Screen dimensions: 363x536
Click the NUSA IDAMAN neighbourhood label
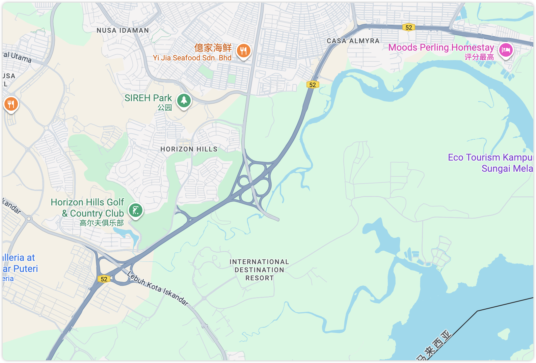123,30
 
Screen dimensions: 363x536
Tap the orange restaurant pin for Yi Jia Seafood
243,51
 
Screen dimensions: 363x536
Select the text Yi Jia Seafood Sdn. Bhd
192,58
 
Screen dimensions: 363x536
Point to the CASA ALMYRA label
353,41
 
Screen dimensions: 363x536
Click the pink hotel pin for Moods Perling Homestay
505,51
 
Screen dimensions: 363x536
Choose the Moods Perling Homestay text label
441,48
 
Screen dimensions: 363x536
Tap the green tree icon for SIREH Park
184,100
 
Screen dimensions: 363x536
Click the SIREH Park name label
148,98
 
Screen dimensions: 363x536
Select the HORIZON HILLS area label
189,149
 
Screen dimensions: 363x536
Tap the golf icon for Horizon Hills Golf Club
136,211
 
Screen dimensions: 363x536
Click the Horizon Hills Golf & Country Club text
88,208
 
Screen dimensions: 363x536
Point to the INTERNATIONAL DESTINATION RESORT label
259,270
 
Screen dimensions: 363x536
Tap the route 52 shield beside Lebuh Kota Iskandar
104,279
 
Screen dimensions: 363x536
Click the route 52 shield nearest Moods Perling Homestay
409,27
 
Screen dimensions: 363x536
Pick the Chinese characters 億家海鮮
213,48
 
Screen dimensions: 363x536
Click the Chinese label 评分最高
479,57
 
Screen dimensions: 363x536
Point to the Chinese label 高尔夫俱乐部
102,223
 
